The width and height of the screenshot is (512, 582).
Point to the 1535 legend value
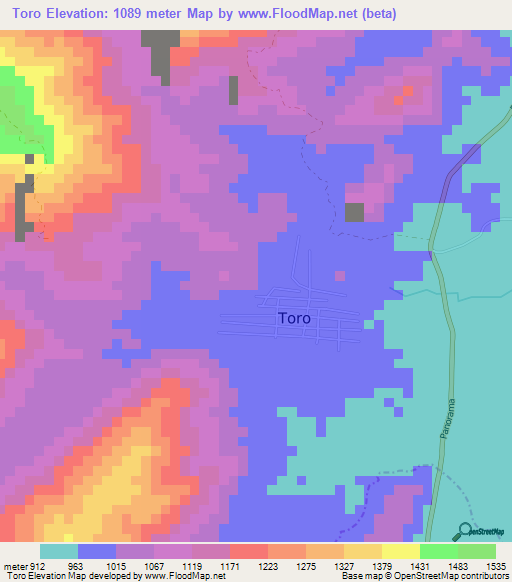(497, 566)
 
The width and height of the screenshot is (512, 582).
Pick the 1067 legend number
(155, 566)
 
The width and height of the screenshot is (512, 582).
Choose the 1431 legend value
(421, 566)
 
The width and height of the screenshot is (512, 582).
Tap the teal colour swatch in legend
(59, 551)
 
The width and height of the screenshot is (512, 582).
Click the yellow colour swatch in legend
(401, 551)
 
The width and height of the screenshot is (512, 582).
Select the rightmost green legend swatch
(477, 551)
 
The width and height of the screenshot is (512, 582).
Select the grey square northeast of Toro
(354, 212)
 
